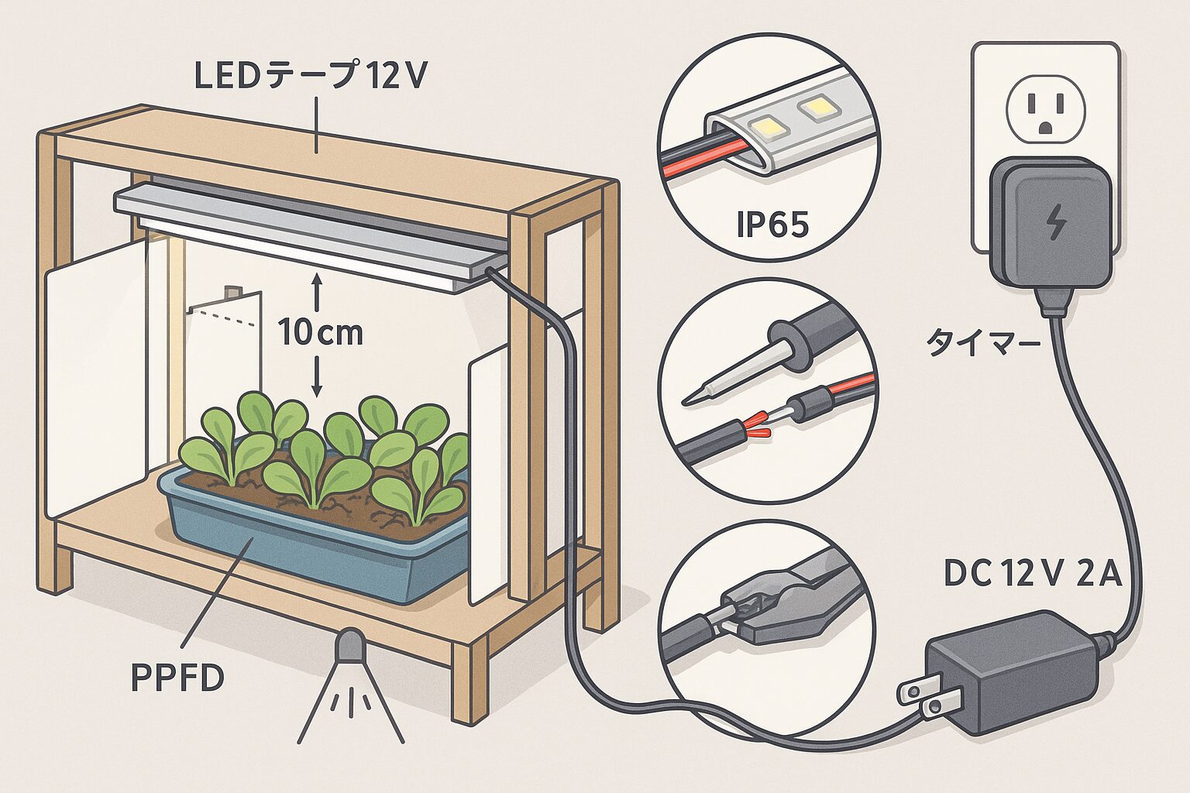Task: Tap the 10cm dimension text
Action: pos(321,332)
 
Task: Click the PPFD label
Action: pos(177,678)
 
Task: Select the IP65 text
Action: pos(772,225)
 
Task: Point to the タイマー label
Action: pos(983,343)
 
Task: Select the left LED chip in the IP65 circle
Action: pos(763,124)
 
